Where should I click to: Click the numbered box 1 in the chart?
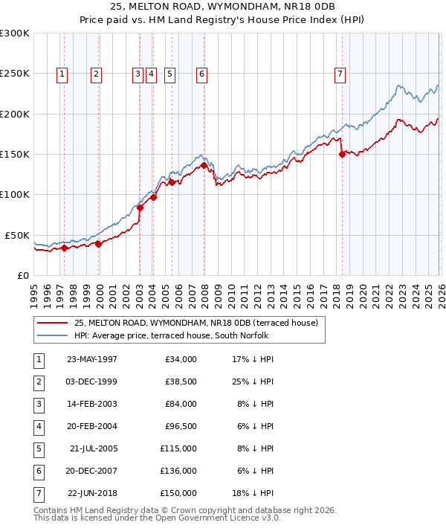click(61, 74)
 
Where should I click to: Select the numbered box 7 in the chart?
click(340, 74)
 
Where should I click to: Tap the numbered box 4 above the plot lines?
click(151, 74)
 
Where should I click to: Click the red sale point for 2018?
click(342, 155)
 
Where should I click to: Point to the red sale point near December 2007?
click(204, 166)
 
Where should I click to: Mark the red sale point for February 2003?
click(140, 207)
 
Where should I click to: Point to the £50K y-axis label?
click(17, 235)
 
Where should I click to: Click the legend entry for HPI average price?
click(174, 335)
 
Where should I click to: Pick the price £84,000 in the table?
click(180, 404)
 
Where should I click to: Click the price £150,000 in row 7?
click(178, 493)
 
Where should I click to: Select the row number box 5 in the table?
click(38, 448)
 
